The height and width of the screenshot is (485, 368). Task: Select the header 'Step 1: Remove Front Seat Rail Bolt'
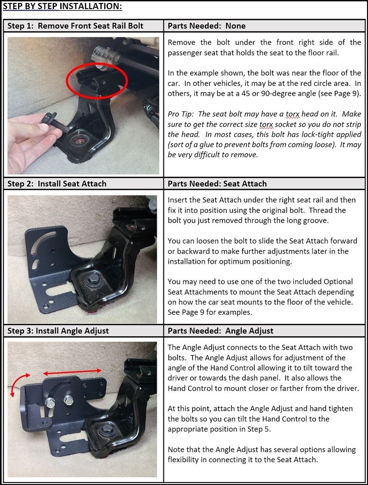tap(75, 26)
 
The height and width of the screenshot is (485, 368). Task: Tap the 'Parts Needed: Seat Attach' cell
tap(217, 183)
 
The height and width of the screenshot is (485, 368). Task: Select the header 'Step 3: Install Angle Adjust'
tap(58, 331)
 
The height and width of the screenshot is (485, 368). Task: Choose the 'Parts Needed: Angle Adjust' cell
tap(220, 331)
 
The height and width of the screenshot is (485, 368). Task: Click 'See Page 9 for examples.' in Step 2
tap(209, 312)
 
